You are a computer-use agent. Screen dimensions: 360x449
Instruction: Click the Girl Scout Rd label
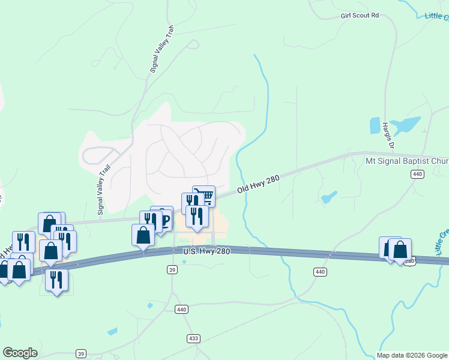tap(360, 15)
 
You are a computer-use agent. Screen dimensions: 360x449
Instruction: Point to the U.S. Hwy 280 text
tap(207, 252)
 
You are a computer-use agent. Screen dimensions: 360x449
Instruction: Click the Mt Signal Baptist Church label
tap(407, 161)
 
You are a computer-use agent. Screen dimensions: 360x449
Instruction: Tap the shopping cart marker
tap(205, 196)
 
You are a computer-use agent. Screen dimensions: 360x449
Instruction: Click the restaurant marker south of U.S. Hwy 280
tap(56, 280)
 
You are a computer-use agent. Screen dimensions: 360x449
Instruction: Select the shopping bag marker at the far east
tap(400, 249)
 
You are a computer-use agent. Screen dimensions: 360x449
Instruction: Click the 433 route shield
tap(193, 339)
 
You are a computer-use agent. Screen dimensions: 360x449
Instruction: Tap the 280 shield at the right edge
tap(410, 261)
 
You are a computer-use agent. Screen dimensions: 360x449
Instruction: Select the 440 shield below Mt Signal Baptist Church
tap(418, 174)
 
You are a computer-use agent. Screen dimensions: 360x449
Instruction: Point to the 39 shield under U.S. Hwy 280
tap(173, 270)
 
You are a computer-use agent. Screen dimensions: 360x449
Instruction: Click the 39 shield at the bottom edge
tap(81, 353)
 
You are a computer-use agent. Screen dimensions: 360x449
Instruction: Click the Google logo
tap(20, 353)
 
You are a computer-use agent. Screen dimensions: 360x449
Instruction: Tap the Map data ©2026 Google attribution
tap(412, 355)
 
